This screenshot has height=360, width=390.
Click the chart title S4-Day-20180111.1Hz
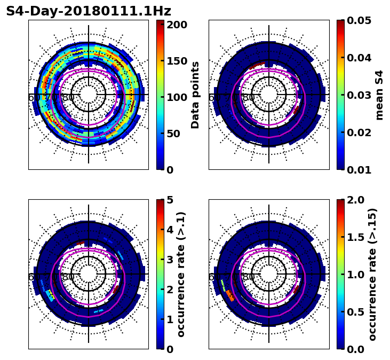89,11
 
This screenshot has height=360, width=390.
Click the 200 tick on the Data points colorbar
176,25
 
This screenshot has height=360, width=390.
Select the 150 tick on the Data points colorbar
176,61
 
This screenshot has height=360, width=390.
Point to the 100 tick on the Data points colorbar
176,97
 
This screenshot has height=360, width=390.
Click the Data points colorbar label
195,95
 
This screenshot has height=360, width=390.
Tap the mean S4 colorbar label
379,95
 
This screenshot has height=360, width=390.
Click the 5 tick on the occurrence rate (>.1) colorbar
170,200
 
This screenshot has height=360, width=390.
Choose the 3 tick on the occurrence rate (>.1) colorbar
170,260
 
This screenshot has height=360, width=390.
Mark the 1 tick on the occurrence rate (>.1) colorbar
170,319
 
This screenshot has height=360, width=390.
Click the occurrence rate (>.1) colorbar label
181,275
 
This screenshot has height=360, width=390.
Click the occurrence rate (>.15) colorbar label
372,275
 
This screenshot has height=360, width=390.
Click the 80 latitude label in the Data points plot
68,98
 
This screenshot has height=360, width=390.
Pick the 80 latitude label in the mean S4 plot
249,98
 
